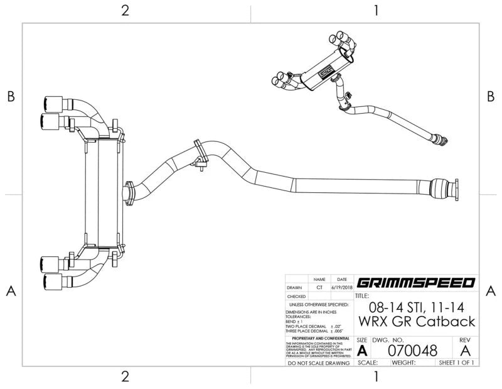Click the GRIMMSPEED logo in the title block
415,283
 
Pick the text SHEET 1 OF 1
456,363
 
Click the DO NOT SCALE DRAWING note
318,363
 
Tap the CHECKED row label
296,296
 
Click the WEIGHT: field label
404,363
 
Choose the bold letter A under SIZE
362,350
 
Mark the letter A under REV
465,349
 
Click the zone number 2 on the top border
125,11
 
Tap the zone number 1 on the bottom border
376,376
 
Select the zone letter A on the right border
491,290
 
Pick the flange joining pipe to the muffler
130,192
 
